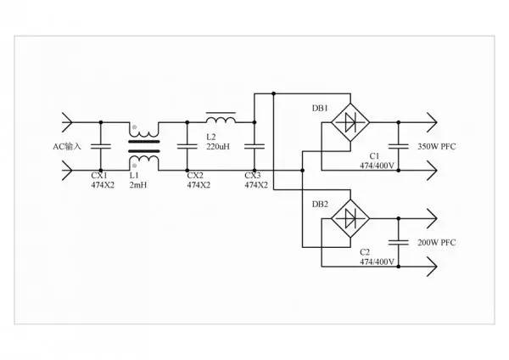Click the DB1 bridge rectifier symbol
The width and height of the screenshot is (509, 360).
349,123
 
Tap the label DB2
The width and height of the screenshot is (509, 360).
321,204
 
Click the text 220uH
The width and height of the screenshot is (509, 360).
219,146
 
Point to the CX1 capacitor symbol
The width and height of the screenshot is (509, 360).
99,146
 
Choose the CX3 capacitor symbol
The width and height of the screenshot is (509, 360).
253,146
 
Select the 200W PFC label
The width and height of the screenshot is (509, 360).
436,243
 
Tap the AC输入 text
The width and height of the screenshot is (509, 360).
67,146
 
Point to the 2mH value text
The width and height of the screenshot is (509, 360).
139,184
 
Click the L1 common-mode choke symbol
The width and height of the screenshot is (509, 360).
144,146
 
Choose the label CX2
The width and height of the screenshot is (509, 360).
195,175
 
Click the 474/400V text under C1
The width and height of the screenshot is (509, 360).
375,165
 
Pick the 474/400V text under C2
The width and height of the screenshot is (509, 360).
375,262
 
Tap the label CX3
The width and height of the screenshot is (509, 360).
253,175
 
